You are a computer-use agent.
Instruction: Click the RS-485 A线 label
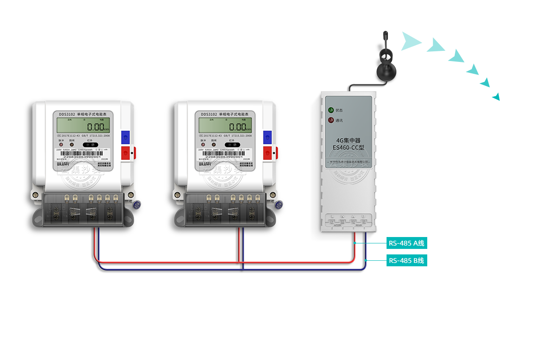click(406, 243)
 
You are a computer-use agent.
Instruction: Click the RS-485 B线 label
click(406, 260)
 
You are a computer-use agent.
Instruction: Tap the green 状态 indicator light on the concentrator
click(331, 110)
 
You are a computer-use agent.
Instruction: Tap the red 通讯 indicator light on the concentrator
click(331, 120)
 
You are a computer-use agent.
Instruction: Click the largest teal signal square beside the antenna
click(412, 41)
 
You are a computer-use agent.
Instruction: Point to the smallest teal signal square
click(495, 97)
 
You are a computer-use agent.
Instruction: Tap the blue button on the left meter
click(125, 137)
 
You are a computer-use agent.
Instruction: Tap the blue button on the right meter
click(267, 137)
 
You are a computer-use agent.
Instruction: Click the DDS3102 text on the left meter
click(67, 114)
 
